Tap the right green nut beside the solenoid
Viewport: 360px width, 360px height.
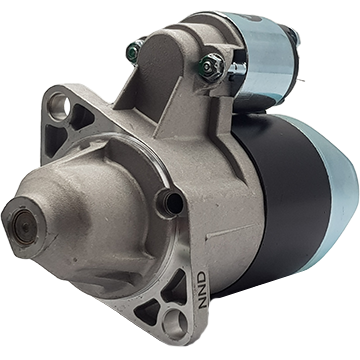208,66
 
